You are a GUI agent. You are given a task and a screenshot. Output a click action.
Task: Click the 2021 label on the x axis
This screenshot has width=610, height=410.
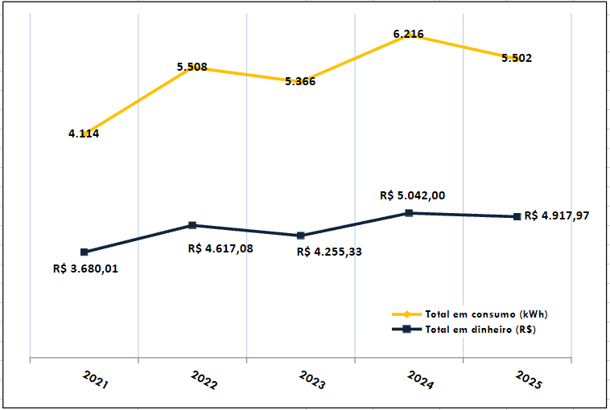pos(95,380)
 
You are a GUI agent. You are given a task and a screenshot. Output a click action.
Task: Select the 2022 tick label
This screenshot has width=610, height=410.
pos(204,380)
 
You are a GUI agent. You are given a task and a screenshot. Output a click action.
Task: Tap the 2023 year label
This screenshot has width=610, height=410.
pos(311,380)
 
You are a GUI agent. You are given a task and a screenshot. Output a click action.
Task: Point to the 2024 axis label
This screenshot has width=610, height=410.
pos(420,380)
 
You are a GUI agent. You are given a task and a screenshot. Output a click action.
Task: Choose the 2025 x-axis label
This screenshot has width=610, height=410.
pos(529,380)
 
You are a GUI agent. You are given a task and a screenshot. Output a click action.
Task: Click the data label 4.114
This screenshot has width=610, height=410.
pos(84,133)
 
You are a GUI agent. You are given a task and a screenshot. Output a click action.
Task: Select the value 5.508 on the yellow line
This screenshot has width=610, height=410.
pos(192,68)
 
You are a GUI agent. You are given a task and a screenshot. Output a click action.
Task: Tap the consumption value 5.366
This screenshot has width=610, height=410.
pos(300,81)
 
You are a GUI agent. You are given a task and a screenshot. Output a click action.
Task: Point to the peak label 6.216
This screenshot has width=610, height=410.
pos(408,35)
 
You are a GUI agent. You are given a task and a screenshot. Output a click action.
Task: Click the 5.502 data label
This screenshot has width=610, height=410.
pos(516,58)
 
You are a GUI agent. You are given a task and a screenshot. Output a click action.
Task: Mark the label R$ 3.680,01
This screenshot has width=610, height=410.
pos(85,269)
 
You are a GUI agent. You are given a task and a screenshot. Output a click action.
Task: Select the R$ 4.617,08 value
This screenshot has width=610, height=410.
pos(221,248)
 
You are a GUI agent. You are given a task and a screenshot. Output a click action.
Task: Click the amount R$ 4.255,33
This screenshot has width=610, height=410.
pos(329,252)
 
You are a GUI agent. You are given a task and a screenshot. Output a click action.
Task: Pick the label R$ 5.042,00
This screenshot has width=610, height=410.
pos(412,195)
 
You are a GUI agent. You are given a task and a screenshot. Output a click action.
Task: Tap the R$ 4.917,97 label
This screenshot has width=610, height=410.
pos(557,215)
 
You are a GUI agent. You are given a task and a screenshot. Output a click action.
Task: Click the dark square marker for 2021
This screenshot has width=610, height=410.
pos(84,252)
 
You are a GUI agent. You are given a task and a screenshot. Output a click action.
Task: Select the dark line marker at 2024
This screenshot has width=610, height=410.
pos(409,213)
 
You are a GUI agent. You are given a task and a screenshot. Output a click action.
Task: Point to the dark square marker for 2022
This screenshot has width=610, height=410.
pos(192,225)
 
